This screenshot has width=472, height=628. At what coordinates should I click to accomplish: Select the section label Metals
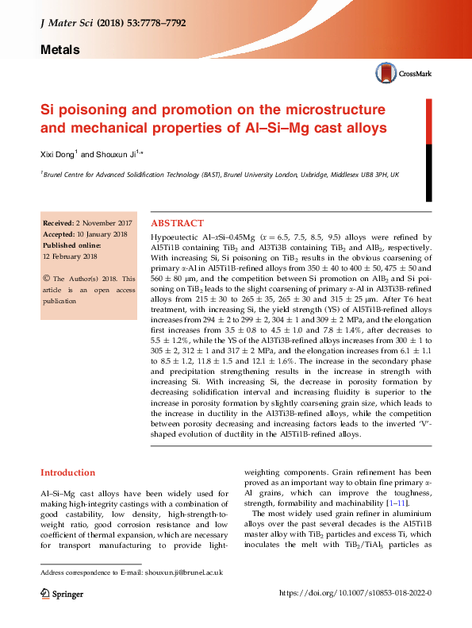(59, 49)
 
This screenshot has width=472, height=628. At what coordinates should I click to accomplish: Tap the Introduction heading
(68, 472)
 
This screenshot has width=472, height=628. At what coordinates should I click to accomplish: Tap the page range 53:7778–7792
(155, 24)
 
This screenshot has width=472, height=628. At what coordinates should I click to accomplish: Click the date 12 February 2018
(70, 256)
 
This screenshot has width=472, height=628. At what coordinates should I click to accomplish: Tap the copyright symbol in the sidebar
(46, 279)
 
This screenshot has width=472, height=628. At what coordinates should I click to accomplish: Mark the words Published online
(71, 245)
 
